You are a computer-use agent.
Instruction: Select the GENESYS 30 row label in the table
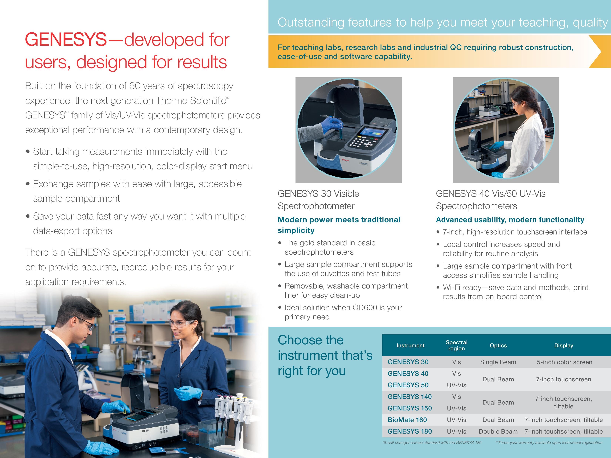(x=408, y=362)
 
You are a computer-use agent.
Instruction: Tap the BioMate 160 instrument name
(x=407, y=420)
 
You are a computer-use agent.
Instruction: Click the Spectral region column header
(x=456, y=345)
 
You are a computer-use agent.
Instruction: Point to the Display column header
(x=563, y=345)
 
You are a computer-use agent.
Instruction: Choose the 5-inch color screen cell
(x=564, y=362)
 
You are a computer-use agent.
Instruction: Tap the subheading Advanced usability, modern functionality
(x=510, y=220)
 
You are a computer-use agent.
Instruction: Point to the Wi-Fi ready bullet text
(x=515, y=292)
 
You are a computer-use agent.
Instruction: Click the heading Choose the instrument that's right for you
(x=325, y=355)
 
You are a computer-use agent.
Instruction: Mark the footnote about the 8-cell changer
(x=432, y=442)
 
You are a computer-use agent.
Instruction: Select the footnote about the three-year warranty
(x=549, y=442)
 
